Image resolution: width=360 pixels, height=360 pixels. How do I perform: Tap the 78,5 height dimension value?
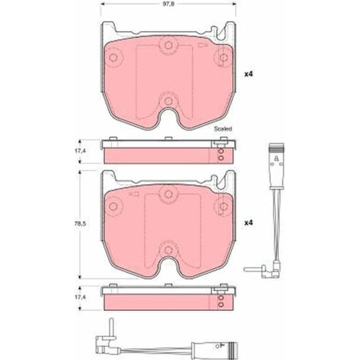(81, 224)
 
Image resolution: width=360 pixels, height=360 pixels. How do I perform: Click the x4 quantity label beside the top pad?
(249, 74)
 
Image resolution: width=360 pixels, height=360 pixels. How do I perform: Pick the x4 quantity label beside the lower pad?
(249, 223)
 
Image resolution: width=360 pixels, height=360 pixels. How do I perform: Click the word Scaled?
(223, 129)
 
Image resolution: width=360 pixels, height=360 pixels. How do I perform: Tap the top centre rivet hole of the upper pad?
(168, 45)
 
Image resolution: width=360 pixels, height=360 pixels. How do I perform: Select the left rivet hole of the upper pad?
(113, 57)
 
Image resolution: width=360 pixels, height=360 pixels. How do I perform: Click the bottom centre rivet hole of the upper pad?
(169, 101)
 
